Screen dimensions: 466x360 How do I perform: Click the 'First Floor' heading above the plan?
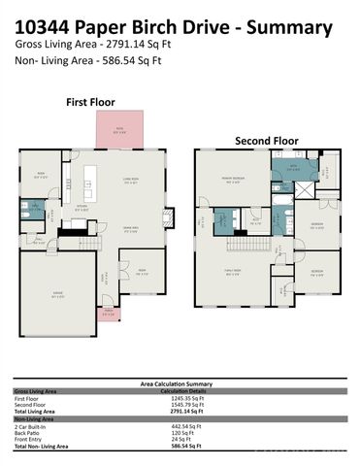tap(91, 101)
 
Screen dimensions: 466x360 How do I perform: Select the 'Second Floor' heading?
tap(266, 141)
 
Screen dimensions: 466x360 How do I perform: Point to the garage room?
tap(58, 285)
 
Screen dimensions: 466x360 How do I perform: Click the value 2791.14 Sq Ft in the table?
tap(184, 411)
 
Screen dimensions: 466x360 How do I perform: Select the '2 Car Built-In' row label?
tap(32, 425)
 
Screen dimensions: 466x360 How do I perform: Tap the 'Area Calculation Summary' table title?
tap(180, 384)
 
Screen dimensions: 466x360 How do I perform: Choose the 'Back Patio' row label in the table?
tap(27, 432)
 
